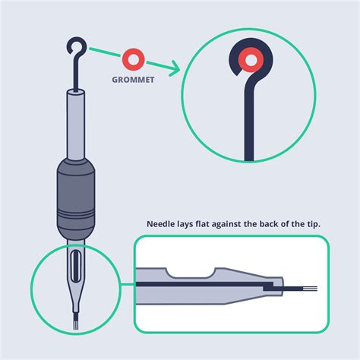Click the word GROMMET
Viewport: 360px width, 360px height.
click(133, 80)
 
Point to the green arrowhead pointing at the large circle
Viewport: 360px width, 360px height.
click(175, 68)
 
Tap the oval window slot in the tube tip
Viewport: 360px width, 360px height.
click(75, 266)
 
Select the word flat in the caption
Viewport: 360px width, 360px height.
click(203, 224)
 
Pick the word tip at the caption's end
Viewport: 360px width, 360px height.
click(314, 224)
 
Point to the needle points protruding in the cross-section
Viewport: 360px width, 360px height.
click(310, 289)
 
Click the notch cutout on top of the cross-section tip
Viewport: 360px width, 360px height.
click(191, 273)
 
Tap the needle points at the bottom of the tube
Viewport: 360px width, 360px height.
click(76, 324)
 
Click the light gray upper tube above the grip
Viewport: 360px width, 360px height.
click(75, 125)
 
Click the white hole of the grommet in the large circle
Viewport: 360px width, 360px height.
click(251, 61)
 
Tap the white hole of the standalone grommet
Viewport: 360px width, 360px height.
click(134, 60)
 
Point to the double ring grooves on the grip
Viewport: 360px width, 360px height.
click(76, 215)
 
